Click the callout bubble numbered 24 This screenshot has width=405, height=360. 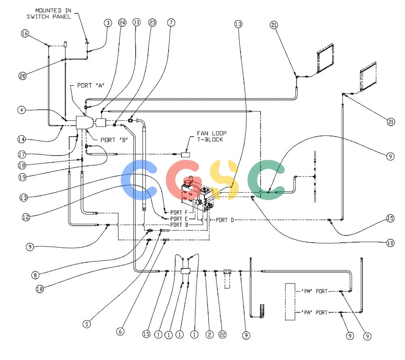122,23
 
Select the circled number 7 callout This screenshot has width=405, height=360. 171,23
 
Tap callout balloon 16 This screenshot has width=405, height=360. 25,33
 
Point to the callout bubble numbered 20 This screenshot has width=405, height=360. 23,76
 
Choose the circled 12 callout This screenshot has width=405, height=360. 26,217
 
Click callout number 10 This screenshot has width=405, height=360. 390,243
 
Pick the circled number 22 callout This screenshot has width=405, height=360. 223,334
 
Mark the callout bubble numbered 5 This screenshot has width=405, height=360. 87,324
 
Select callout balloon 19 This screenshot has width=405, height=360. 22,177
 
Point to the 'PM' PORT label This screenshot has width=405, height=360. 314,291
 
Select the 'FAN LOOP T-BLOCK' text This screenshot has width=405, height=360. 212,136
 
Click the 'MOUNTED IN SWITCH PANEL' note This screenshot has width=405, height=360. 49,13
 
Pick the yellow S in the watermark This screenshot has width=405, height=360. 224,180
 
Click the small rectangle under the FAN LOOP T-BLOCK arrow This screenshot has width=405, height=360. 185,154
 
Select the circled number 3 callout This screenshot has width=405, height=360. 108,23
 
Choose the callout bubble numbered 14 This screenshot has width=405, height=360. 21,139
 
